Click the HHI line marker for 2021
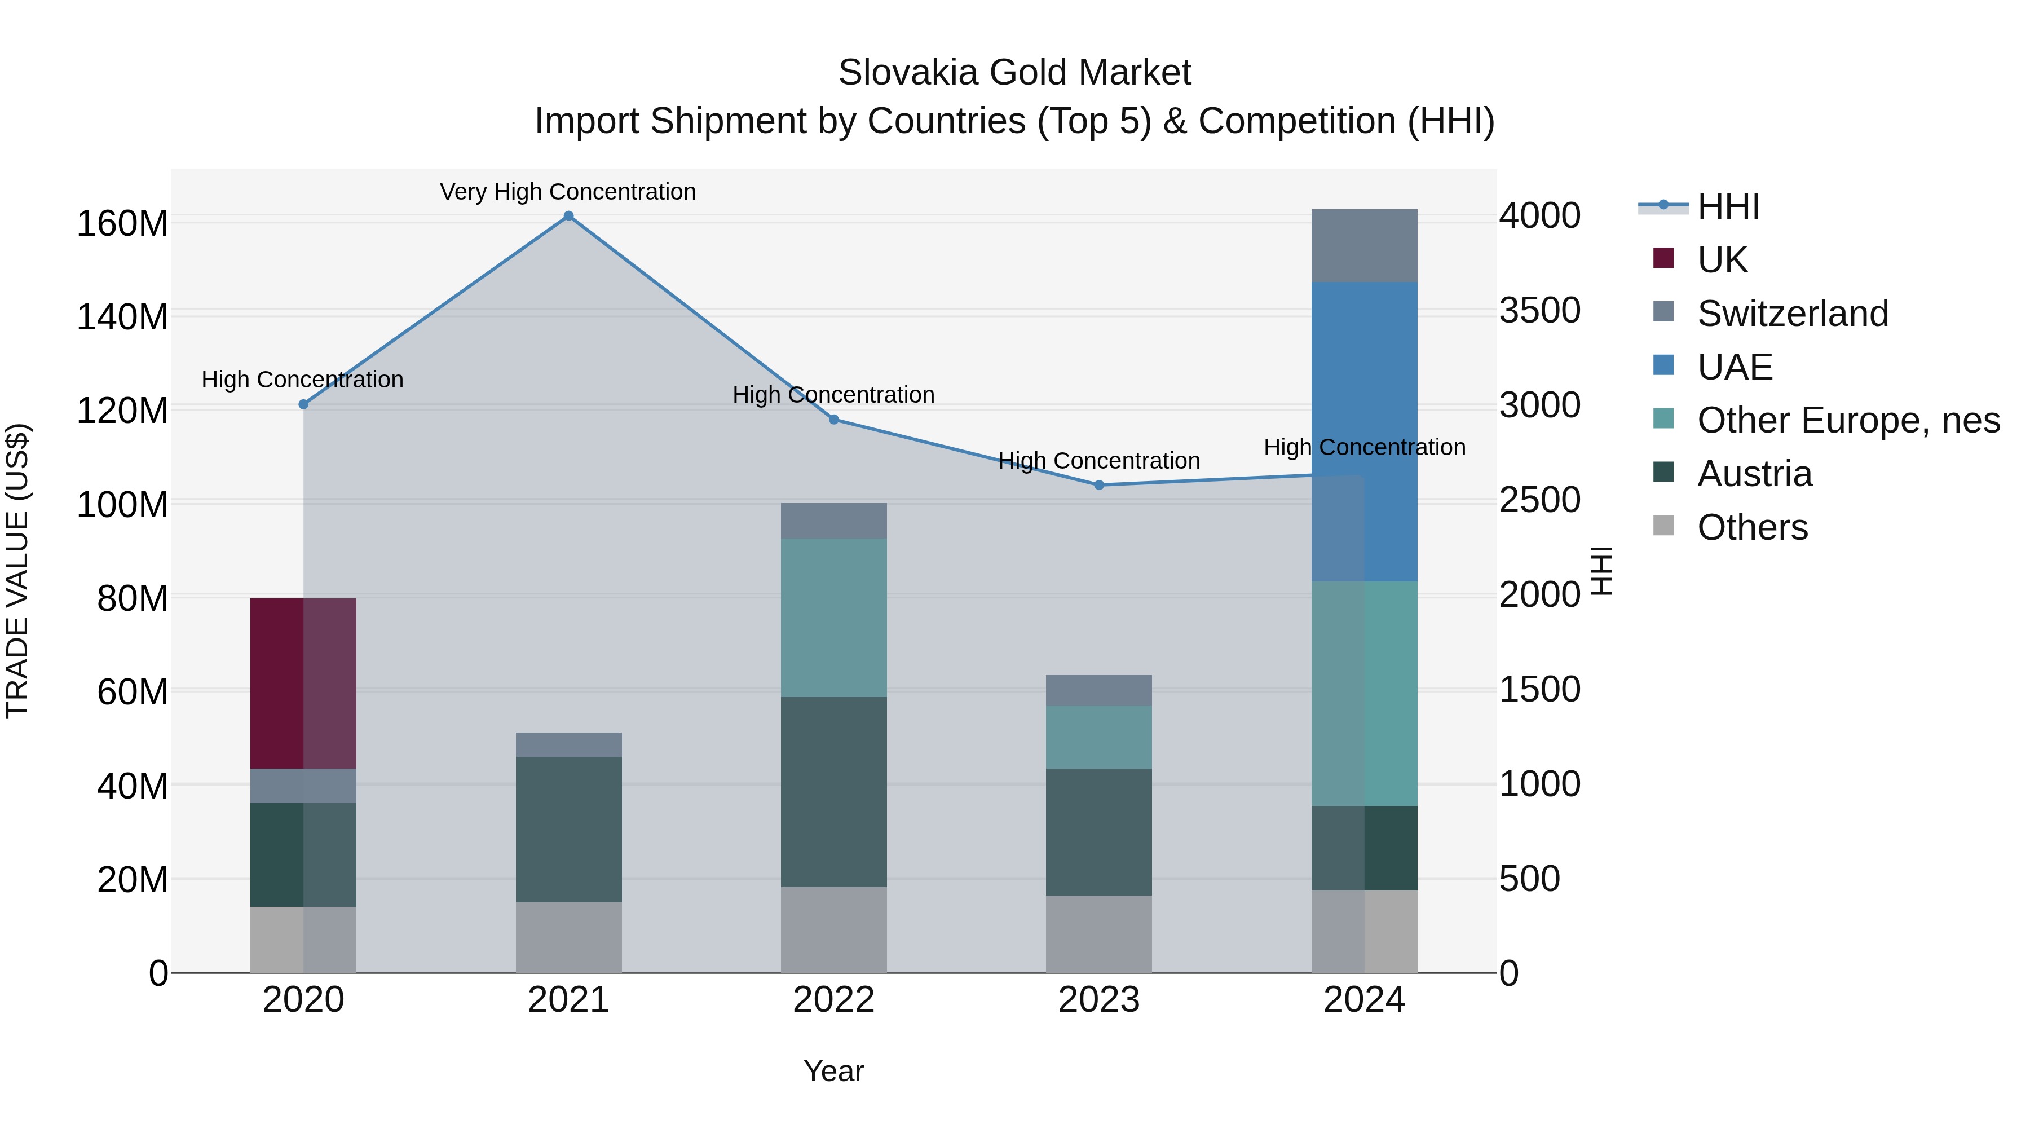pyautogui.click(x=568, y=216)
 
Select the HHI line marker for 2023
pyautogui.click(x=1100, y=484)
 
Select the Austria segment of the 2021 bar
pyautogui.click(x=568, y=828)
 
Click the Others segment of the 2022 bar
pyautogui.click(x=834, y=929)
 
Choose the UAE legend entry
pyautogui.click(x=1735, y=367)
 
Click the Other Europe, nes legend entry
pyautogui.click(x=1848, y=420)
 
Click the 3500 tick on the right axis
pyautogui.click(x=1539, y=311)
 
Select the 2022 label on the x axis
pyautogui.click(x=834, y=1000)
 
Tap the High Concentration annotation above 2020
pyautogui.click(x=303, y=379)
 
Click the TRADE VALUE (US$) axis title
pyautogui.click(x=17, y=571)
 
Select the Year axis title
pyautogui.click(x=834, y=1071)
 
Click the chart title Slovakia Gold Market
pyautogui.click(x=1014, y=73)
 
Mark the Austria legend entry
pyautogui.click(x=1754, y=474)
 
